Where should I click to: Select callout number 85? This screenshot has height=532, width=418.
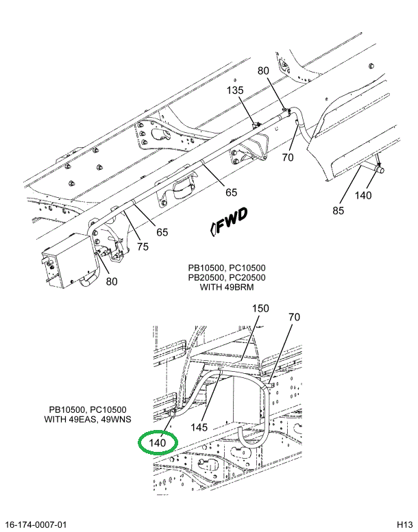338,211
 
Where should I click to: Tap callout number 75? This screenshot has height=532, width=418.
142,247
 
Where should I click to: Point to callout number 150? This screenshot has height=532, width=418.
261,308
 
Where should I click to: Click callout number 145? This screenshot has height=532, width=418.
199,428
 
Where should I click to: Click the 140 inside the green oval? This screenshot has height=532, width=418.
158,443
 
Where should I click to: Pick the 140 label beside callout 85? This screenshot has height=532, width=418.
362,195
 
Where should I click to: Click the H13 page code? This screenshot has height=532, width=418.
403,524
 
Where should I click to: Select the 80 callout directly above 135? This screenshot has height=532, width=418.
264,70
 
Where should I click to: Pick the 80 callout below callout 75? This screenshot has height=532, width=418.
112,281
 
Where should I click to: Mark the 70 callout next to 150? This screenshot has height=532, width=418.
294,317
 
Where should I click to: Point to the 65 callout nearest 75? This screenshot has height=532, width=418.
162,232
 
